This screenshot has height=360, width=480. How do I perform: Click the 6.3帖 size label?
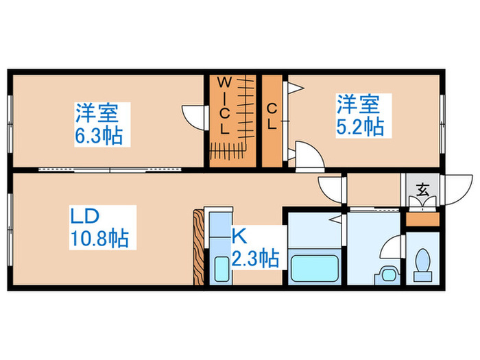coord(99,136)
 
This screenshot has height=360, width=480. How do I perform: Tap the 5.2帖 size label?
coord(359,127)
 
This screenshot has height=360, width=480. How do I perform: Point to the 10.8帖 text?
coord(100,239)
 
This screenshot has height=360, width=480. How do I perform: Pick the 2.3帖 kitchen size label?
coord(254,259)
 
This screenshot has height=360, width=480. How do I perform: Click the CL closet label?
coord(272,117)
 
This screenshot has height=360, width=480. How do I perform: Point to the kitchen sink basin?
coord(221,267)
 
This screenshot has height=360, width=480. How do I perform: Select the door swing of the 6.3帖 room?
coord(193,115)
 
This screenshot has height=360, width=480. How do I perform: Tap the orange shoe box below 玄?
coord(421,219)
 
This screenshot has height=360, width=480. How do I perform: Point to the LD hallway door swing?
coord(331,187)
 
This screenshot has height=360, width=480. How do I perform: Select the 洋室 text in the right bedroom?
coord(357,105)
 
